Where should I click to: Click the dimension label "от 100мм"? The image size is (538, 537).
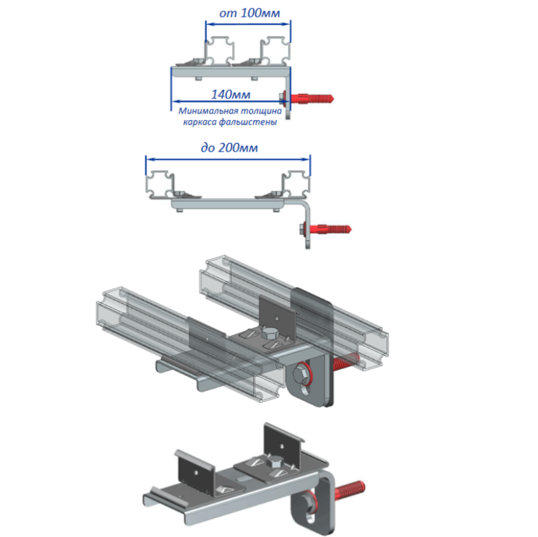coord(250,13)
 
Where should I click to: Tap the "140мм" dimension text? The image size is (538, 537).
coord(231,94)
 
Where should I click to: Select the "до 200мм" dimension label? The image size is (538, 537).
coord(229,147)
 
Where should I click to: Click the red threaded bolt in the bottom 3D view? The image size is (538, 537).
coord(350,490)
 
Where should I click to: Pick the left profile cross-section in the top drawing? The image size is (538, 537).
coord(220,51)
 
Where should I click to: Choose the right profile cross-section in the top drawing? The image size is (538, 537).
coord(275,51)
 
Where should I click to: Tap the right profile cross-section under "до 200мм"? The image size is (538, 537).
coord(296,184)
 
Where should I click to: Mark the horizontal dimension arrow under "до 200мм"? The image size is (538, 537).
coord(228,159)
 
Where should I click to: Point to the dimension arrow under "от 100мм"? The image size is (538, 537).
coord(249,24)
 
